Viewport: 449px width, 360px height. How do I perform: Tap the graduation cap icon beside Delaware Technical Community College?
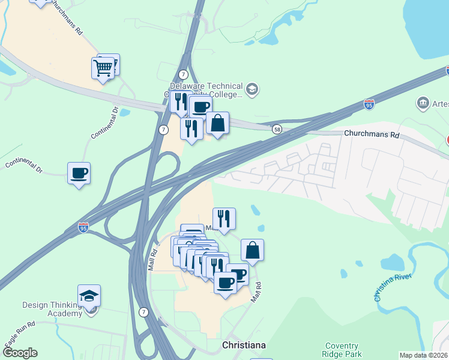coord(252,89)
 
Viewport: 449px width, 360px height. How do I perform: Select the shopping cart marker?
coord(103,68)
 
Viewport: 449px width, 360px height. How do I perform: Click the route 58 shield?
coord(277,129)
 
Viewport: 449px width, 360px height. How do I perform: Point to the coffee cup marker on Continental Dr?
coord(79,173)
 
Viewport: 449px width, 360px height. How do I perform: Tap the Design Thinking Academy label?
coord(52,309)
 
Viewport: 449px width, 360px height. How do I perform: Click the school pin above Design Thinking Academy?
coord(89,296)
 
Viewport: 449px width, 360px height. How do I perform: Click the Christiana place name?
coord(244,345)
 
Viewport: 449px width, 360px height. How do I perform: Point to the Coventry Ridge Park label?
coord(342,350)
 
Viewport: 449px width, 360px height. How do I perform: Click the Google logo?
coord(19,353)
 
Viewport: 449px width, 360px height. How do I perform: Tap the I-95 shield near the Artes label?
coord(370,104)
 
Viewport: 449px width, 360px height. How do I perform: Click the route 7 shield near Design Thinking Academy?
coord(143,312)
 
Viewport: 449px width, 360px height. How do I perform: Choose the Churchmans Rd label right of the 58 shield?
coord(372,135)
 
